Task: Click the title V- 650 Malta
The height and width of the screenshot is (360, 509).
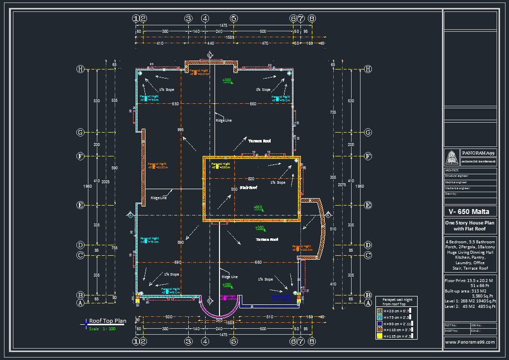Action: pos(469,212)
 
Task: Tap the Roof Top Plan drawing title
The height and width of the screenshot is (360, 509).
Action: pos(107,321)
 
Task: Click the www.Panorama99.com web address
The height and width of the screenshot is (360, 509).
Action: pos(470,342)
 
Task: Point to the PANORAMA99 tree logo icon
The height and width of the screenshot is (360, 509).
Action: pos(452,157)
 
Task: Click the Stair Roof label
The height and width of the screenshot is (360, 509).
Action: pos(248,188)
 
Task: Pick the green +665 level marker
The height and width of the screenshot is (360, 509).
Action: pos(258,207)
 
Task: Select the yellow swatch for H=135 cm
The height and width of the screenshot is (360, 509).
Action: pos(379,336)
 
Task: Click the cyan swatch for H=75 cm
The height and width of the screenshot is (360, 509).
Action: pos(379,317)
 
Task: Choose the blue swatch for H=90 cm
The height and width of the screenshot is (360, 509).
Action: pos(379,323)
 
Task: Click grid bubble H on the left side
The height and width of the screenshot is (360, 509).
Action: pos(80,69)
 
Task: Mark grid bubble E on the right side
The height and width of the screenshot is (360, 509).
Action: pos(368,205)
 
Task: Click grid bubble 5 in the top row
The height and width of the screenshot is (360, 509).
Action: pos(234,18)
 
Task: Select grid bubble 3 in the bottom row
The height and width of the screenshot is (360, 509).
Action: pos(188,341)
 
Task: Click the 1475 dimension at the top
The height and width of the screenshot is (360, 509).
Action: pos(223,25)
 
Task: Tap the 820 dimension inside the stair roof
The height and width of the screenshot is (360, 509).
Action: pos(251,179)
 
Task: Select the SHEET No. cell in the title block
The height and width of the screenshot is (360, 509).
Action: pos(451,330)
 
